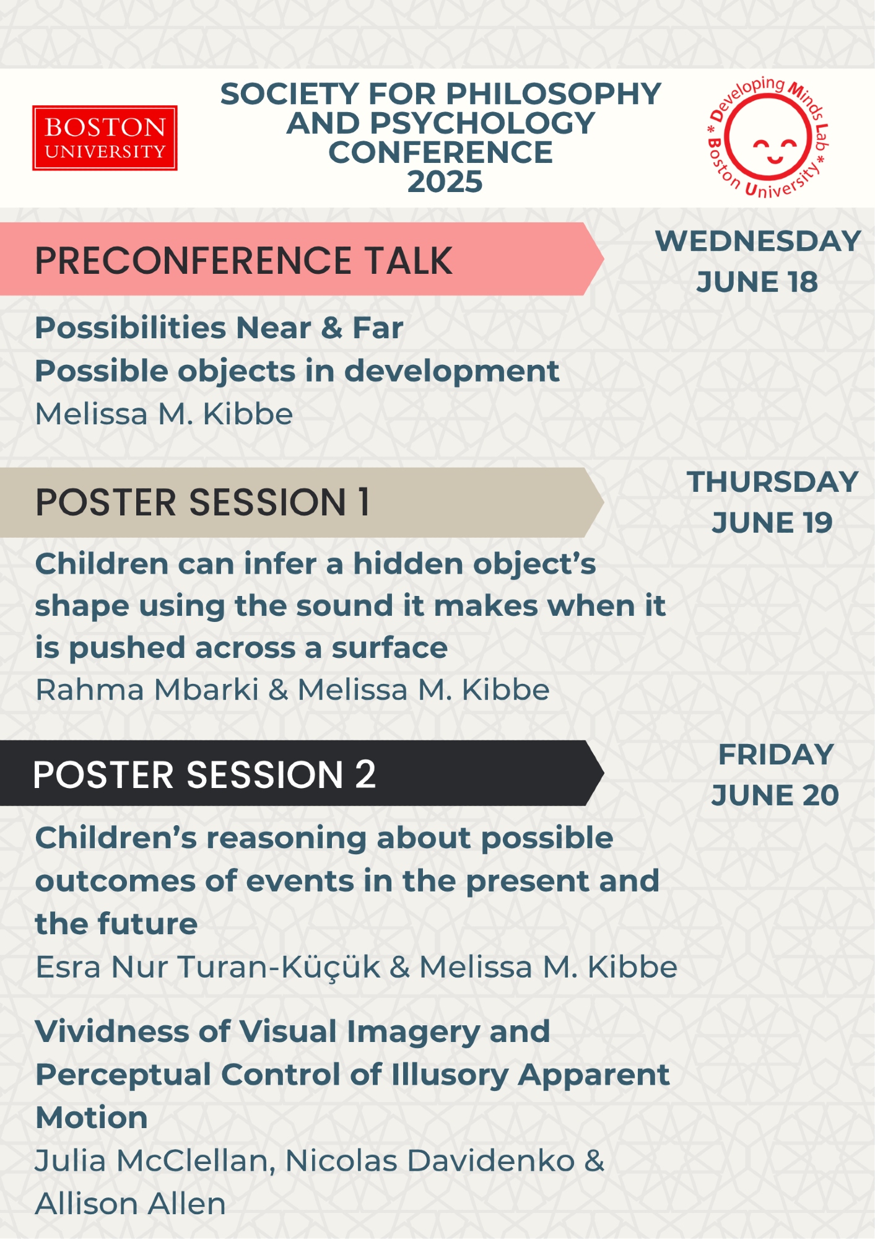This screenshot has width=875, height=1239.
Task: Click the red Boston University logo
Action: pos(105,138)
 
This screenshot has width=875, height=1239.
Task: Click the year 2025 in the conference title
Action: pos(445,182)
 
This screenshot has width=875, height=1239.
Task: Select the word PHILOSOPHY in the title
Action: pos(554,94)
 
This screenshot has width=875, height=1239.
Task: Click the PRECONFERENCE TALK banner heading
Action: pos(243,260)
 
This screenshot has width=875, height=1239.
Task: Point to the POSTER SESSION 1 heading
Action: pos(202,502)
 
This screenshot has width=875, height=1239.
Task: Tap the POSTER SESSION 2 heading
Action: pos(204,774)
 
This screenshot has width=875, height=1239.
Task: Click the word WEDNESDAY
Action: pos(758,241)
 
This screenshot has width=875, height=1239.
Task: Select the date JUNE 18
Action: pos(757,282)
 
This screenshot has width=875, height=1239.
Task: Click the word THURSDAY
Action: pos(772,482)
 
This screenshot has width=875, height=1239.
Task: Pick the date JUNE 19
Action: pos(772,522)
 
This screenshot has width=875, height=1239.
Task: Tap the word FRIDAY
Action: pos(775,755)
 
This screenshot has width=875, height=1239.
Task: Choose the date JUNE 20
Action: pos(775,795)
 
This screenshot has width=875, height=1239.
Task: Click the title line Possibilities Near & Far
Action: pos(219,327)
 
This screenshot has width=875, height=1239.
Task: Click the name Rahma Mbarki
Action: pos(147,690)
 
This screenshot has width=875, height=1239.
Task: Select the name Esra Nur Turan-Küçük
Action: pos(208,967)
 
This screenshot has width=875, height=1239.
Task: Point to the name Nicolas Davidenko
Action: pos(430,1160)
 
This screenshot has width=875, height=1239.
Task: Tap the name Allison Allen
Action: pos(131,1204)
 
